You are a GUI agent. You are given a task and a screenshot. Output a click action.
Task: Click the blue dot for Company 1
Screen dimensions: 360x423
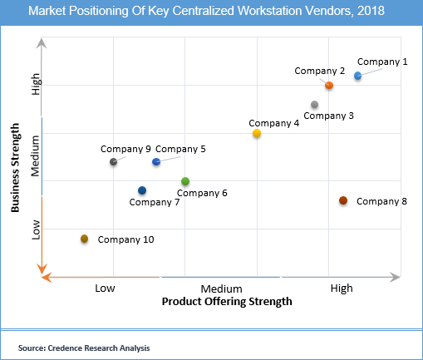tap(357, 76)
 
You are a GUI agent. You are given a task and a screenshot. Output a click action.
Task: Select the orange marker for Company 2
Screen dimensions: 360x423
tap(329, 86)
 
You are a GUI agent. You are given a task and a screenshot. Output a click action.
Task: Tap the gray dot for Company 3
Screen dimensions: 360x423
tap(314, 105)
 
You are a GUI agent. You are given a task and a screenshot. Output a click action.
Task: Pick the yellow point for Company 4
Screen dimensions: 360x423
tap(257, 133)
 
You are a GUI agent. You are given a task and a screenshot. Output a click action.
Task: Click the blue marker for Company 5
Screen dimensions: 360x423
tap(156, 161)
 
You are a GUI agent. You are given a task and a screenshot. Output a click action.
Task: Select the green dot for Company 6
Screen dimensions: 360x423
tap(185, 181)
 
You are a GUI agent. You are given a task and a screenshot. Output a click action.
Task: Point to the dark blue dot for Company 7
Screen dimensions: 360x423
tap(142, 190)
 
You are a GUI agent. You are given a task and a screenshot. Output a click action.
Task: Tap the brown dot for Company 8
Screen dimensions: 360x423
tap(343, 200)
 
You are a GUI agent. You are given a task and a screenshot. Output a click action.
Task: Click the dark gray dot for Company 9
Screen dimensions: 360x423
tap(114, 161)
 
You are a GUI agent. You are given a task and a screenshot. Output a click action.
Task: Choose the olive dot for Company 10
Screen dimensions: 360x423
tap(84, 239)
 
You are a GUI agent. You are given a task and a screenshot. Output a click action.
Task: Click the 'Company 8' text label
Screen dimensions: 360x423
tap(381, 201)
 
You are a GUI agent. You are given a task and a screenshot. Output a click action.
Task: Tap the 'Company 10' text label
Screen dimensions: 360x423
tap(125, 239)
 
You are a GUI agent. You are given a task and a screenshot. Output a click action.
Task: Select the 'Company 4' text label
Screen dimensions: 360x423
tap(273, 123)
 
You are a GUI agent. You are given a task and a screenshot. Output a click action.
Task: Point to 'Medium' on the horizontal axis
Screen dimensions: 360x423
tap(220, 288)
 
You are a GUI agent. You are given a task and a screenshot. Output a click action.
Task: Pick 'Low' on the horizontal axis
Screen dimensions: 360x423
tap(105, 288)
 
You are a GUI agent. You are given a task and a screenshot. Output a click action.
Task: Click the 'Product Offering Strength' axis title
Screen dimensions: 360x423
tap(226, 302)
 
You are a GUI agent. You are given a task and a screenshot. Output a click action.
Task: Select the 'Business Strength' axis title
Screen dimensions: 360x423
tap(16, 169)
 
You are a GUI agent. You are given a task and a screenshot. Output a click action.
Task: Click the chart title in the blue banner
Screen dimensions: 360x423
tap(211, 13)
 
